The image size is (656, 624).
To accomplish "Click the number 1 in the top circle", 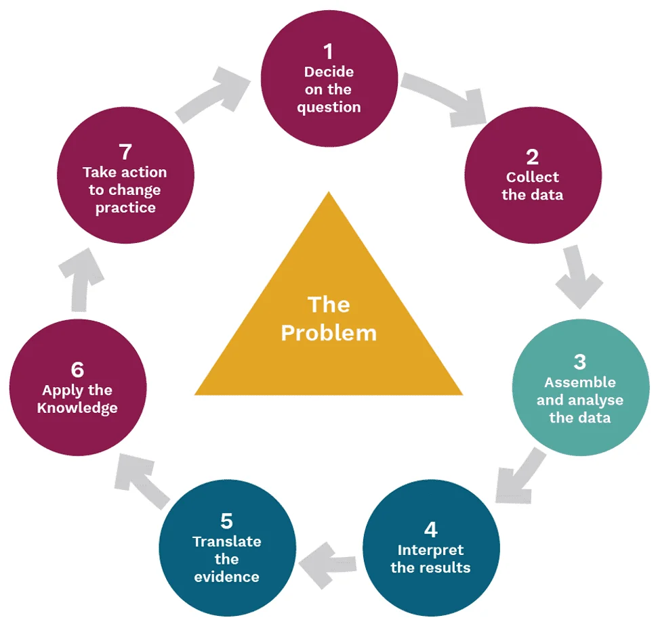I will click(x=329, y=51).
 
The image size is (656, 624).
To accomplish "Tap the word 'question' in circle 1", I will click(x=329, y=107).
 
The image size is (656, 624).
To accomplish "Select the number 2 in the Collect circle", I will click(x=532, y=157).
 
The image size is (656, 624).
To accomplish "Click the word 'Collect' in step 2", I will click(x=532, y=177).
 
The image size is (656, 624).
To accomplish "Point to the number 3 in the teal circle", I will click(x=579, y=361).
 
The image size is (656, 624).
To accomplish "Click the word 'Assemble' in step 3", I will click(x=579, y=382).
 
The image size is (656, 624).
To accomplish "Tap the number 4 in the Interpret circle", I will click(x=430, y=529).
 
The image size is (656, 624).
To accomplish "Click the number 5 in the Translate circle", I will click(x=226, y=520).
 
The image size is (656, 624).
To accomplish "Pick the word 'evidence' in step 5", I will click(x=226, y=577).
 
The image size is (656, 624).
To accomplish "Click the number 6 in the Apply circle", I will click(x=77, y=370).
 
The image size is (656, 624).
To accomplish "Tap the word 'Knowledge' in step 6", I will click(x=77, y=407).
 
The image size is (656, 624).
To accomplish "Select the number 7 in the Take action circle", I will click(x=125, y=152).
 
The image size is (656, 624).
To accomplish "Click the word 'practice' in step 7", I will click(x=125, y=208).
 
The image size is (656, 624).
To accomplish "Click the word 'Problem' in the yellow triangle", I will click(x=329, y=332).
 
